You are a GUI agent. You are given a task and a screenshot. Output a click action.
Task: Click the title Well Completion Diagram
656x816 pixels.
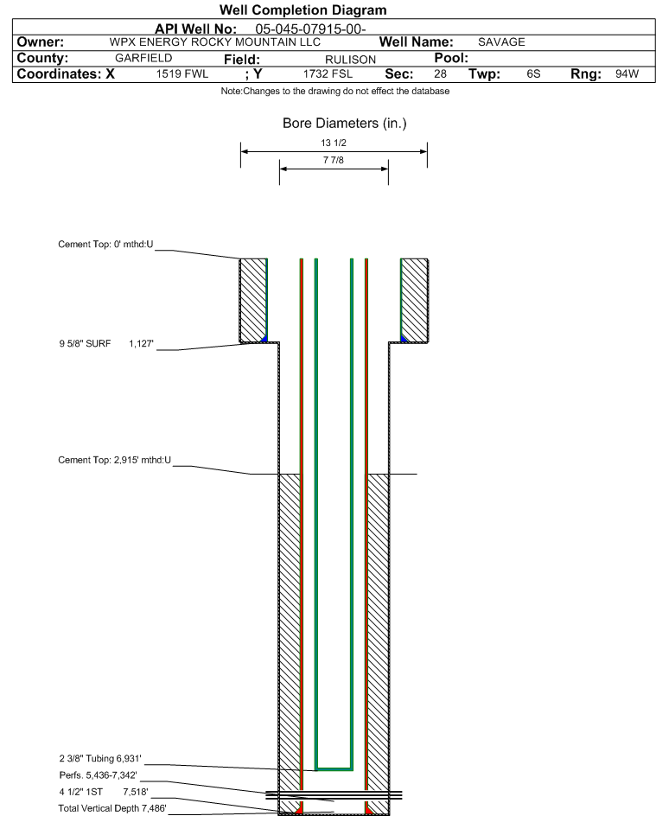tap(303, 10)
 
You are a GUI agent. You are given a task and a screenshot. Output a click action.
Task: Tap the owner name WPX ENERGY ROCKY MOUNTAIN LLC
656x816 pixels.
tap(215, 42)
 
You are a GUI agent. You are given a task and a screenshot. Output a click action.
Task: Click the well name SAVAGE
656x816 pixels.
tap(501, 42)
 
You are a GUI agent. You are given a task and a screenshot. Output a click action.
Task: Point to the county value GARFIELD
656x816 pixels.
tap(143, 58)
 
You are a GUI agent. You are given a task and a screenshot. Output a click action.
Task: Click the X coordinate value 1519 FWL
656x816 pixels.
tap(182, 74)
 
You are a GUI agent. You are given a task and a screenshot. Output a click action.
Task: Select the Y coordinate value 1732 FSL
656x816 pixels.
tap(328, 74)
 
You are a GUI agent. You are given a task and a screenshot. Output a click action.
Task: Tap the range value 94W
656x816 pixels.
tap(627, 74)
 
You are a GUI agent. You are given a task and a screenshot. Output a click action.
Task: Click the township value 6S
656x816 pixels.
tap(533, 74)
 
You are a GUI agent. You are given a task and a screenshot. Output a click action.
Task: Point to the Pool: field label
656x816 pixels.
tap(450, 58)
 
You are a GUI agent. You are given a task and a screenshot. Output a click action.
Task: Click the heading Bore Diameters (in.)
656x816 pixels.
tap(344, 124)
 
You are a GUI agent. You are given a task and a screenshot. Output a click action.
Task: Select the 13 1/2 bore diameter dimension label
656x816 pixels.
tap(333, 143)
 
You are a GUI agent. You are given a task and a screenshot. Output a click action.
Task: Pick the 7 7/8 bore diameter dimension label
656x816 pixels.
tap(333, 161)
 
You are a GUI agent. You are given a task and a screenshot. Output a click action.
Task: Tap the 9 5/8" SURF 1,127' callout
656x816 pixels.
tap(105, 343)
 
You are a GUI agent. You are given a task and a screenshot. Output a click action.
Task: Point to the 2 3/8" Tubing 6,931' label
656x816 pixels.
tap(99, 758)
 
